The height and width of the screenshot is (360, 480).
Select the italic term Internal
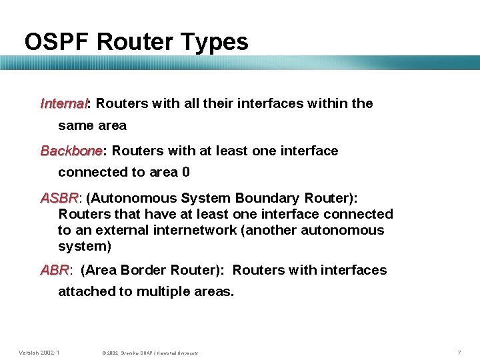pyautogui.click(x=65, y=103)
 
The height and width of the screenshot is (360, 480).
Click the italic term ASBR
pyautogui.click(x=59, y=198)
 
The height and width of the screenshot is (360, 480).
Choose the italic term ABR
pyautogui.click(x=55, y=270)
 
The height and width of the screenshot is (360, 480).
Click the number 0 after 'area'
pyautogui.click(x=185, y=172)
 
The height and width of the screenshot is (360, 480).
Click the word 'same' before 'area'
pyautogui.click(x=74, y=125)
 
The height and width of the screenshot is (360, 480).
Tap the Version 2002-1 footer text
pyautogui.click(x=39, y=352)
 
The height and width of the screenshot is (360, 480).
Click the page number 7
pyautogui.click(x=459, y=352)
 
